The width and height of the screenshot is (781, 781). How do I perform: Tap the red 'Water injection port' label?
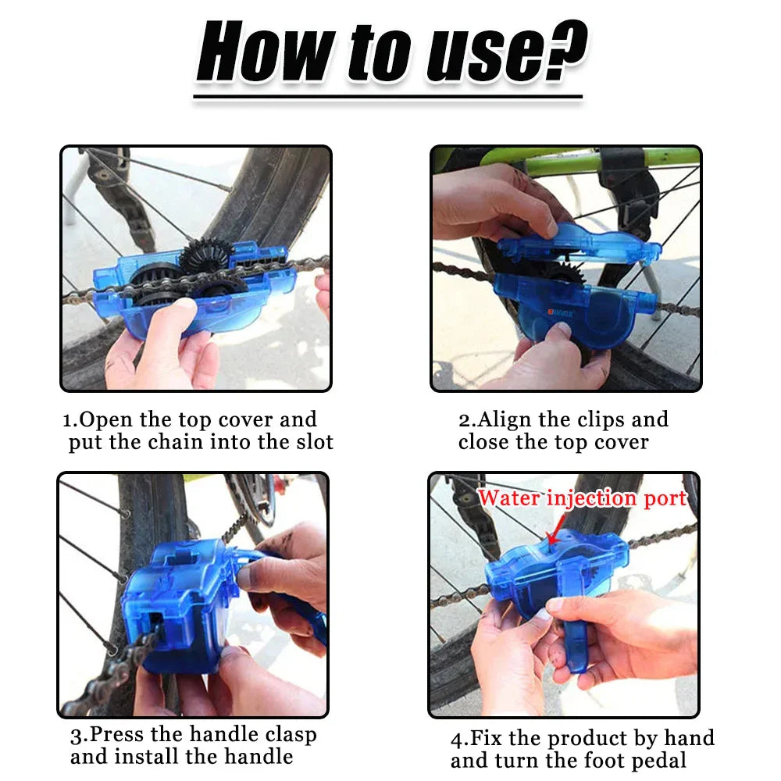582,498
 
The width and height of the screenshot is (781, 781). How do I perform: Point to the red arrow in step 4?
552,534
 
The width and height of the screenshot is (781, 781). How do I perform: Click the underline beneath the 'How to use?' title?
387,98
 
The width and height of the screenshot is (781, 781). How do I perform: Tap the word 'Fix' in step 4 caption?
484,738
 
